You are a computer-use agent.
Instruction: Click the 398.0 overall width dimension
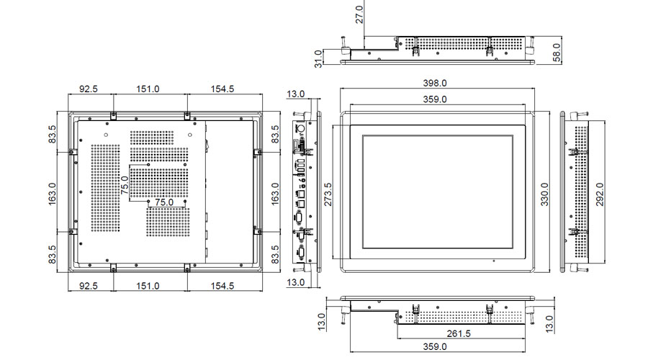pyautogui.click(x=435, y=84)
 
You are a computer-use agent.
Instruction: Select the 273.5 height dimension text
pyautogui.click(x=328, y=193)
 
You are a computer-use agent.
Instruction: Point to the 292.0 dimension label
pyautogui.click(x=598, y=193)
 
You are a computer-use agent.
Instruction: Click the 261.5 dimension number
pyautogui.click(x=459, y=333)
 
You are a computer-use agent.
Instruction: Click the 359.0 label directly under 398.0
pyautogui.click(x=435, y=99)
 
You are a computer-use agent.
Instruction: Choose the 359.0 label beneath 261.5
pyautogui.click(x=435, y=347)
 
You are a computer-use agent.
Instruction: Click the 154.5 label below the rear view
pyautogui.click(x=222, y=286)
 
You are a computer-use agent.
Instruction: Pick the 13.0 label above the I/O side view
pyautogui.click(x=296, y=94)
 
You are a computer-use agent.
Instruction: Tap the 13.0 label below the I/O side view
pyautogui.click(x=296, y=282)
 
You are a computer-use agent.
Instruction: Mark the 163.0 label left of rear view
pyautogui.click(x=53, y=193)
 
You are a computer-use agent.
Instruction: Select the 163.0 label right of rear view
pyautogui.click(x=274, y=193)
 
